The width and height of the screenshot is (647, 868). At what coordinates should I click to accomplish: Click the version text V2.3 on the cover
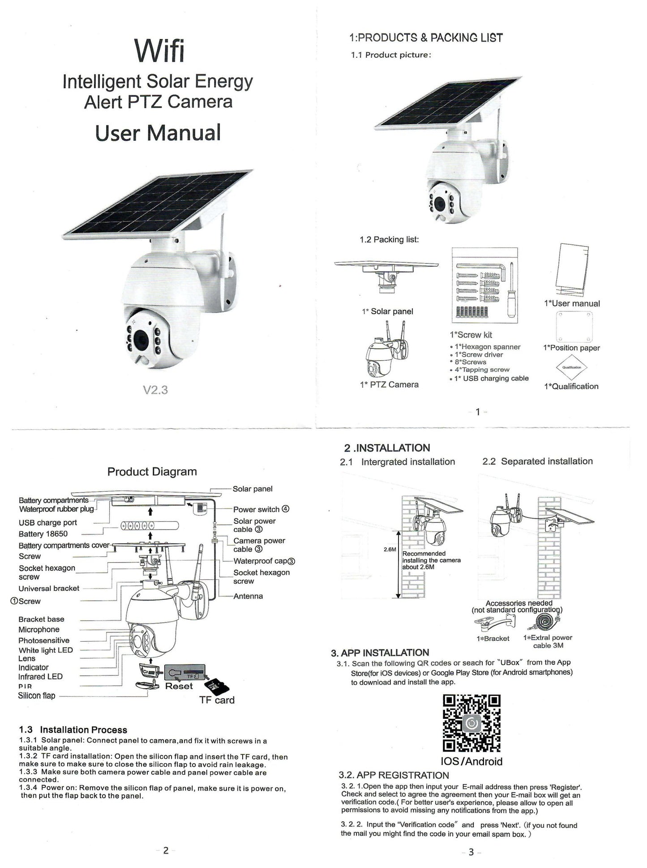155,390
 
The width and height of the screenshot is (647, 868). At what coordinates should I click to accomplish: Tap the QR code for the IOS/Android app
471,723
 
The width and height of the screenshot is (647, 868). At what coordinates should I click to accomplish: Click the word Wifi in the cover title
159,51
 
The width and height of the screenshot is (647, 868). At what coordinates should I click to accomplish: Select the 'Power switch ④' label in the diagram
261,509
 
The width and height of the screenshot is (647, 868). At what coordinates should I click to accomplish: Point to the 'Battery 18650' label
43,534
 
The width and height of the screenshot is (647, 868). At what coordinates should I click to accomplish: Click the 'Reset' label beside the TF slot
179,686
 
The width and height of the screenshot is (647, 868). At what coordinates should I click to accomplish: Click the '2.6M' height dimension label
390,549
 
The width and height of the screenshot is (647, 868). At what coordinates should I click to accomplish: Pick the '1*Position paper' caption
571,348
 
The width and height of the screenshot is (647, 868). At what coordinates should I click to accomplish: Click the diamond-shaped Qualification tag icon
571,367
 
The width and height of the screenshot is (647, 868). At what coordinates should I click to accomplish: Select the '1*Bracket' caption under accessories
493,639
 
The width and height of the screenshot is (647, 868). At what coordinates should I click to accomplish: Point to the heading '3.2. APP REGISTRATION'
394,775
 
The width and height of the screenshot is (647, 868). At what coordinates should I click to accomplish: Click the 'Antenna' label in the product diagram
248,596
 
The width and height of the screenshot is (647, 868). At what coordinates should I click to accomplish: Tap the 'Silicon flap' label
36,695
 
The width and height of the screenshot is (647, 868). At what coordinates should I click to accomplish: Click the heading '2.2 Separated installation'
537,461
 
